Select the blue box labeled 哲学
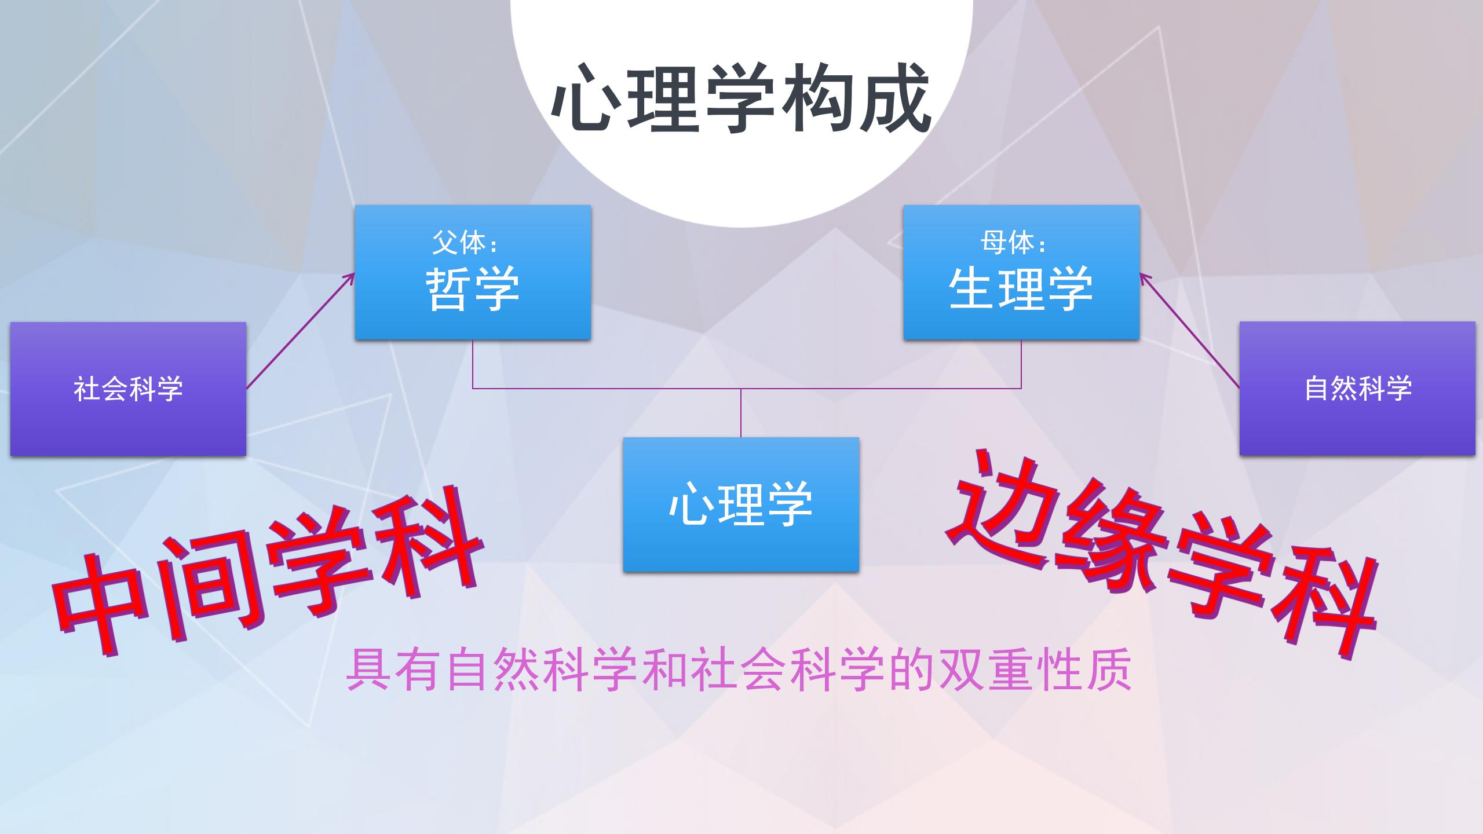coord(473,272)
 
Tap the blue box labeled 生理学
coord(1021,272)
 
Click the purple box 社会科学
coord(128,389)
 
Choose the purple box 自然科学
coord(1357,389)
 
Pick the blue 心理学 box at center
coord(741,504)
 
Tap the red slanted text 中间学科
coord(266,573)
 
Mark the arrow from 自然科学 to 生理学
coord(1190,331)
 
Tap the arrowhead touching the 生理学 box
coord(1145,279)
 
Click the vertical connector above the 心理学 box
coord(741,412)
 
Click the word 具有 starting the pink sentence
coord(395,671)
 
